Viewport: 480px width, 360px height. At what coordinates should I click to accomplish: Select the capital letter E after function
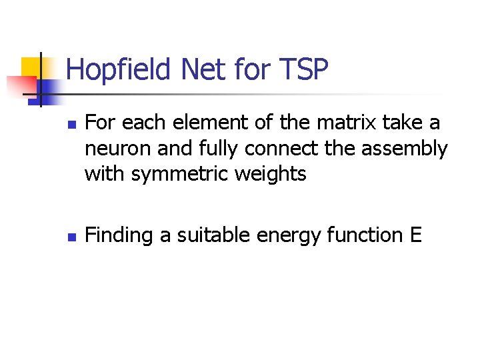tap(417, 235)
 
